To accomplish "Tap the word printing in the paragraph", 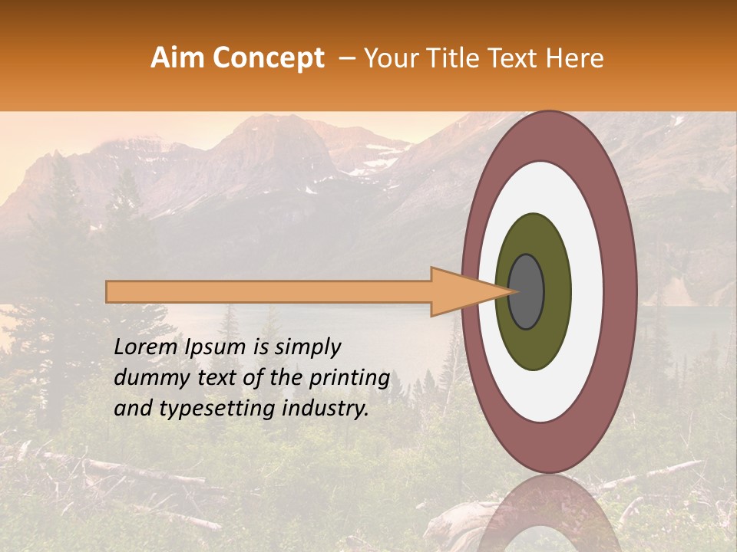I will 351,379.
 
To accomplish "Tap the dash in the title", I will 347,59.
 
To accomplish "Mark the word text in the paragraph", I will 220,378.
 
